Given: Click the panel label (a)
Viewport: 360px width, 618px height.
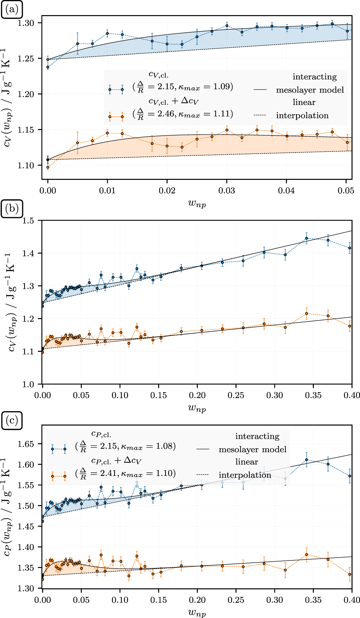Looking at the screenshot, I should (x=12, y=9).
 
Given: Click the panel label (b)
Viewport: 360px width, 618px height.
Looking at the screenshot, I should (x=12, y=209).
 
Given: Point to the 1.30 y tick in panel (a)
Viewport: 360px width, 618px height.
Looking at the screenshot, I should (x=27, y=23).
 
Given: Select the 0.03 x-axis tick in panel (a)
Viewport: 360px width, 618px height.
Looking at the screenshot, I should (x=227, y=190).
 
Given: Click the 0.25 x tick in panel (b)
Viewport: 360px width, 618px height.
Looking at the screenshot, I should (x=236, y=395).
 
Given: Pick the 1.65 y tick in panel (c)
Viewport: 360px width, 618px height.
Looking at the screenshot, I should (x=27, y=444).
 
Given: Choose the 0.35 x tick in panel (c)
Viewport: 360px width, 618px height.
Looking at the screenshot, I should (x=314, y=600).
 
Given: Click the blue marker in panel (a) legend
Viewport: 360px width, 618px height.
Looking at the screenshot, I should (x=116, y=90).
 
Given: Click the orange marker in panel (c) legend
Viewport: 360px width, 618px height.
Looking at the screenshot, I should (x=59, y=476).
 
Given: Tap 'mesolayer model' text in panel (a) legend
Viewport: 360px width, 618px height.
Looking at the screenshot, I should (x=310, y=90).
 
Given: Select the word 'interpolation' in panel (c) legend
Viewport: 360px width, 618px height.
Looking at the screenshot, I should (x=245, y=475).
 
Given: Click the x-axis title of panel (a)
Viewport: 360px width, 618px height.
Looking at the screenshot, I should (x=197, y=204).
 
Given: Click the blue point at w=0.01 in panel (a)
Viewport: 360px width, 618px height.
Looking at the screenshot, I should (x=107, y=33).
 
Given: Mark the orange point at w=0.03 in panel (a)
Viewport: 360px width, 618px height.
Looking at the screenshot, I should (x=227, y=130).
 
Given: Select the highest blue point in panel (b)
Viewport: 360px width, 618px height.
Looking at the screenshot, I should (x=307, y=238).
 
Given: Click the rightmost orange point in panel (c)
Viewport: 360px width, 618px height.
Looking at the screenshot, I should (x=350, y=574).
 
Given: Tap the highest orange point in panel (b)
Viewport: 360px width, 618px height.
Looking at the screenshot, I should (x=307, y=313).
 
